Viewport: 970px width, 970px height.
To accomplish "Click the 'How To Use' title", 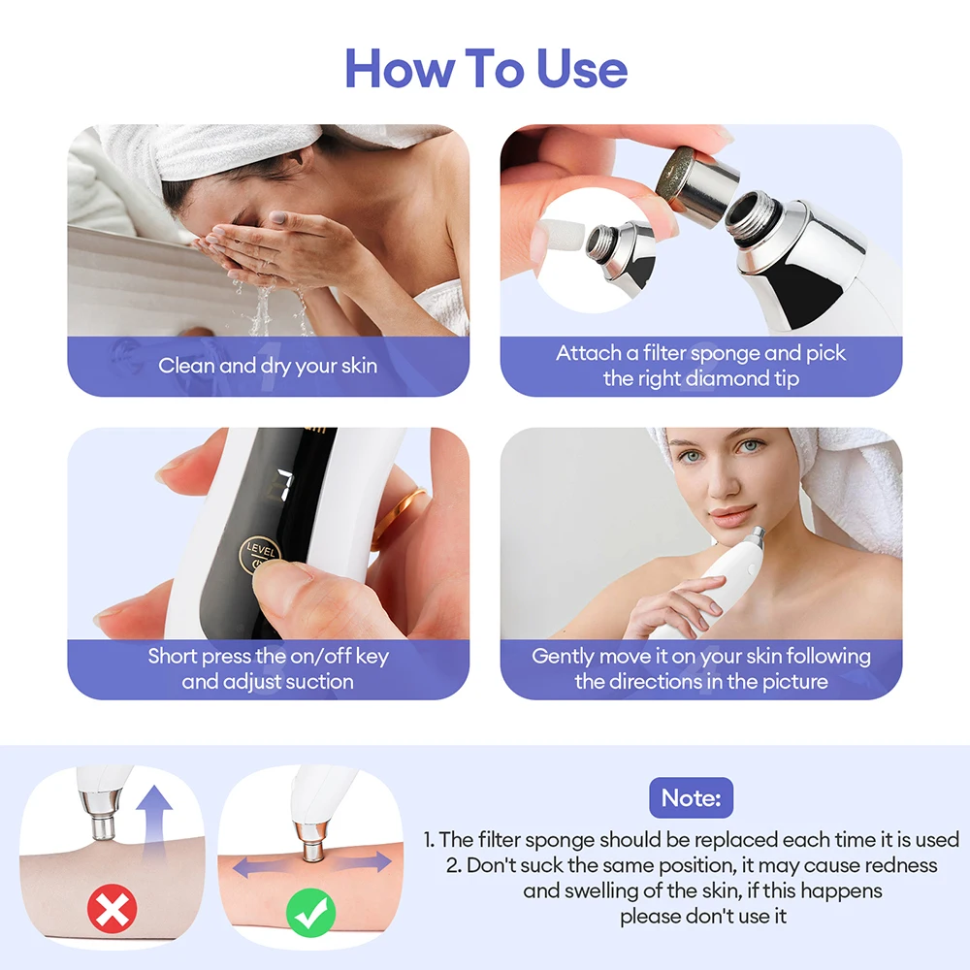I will click(486, 69).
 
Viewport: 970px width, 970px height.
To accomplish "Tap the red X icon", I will click(113, 910).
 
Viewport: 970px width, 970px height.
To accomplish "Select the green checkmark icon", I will click(310, 910).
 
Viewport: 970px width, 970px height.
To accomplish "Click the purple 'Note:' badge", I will click(691, 798).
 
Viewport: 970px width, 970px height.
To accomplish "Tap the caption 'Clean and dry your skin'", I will click(268, 366).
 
